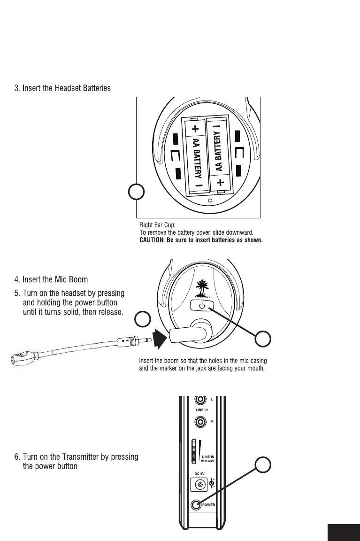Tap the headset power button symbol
click(202, 306)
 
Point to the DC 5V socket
click(200, 484)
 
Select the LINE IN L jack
click(200, 400)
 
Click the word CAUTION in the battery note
click(153, 240)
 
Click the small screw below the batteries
click(209, 201)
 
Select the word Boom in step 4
click(78, 280)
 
